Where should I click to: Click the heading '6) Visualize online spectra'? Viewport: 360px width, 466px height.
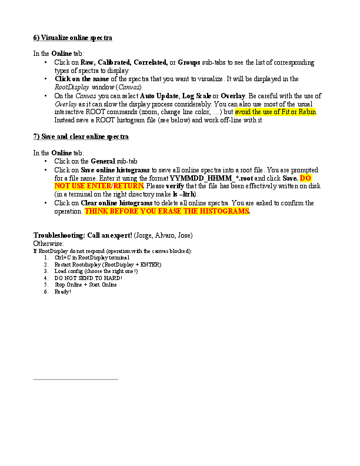(72, 38)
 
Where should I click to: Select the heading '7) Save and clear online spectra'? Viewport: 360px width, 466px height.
(81, 137)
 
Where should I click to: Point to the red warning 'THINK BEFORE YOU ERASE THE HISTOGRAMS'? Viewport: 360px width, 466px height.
(167, 211)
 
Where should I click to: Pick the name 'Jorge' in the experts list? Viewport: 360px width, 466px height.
(142, 235)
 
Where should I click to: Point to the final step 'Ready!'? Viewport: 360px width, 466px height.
(62, 291)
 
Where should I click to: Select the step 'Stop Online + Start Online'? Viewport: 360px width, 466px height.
(85, 284)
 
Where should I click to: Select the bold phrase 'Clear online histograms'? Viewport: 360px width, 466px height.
(116, 204)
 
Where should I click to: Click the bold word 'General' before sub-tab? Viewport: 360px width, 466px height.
(103, 161)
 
